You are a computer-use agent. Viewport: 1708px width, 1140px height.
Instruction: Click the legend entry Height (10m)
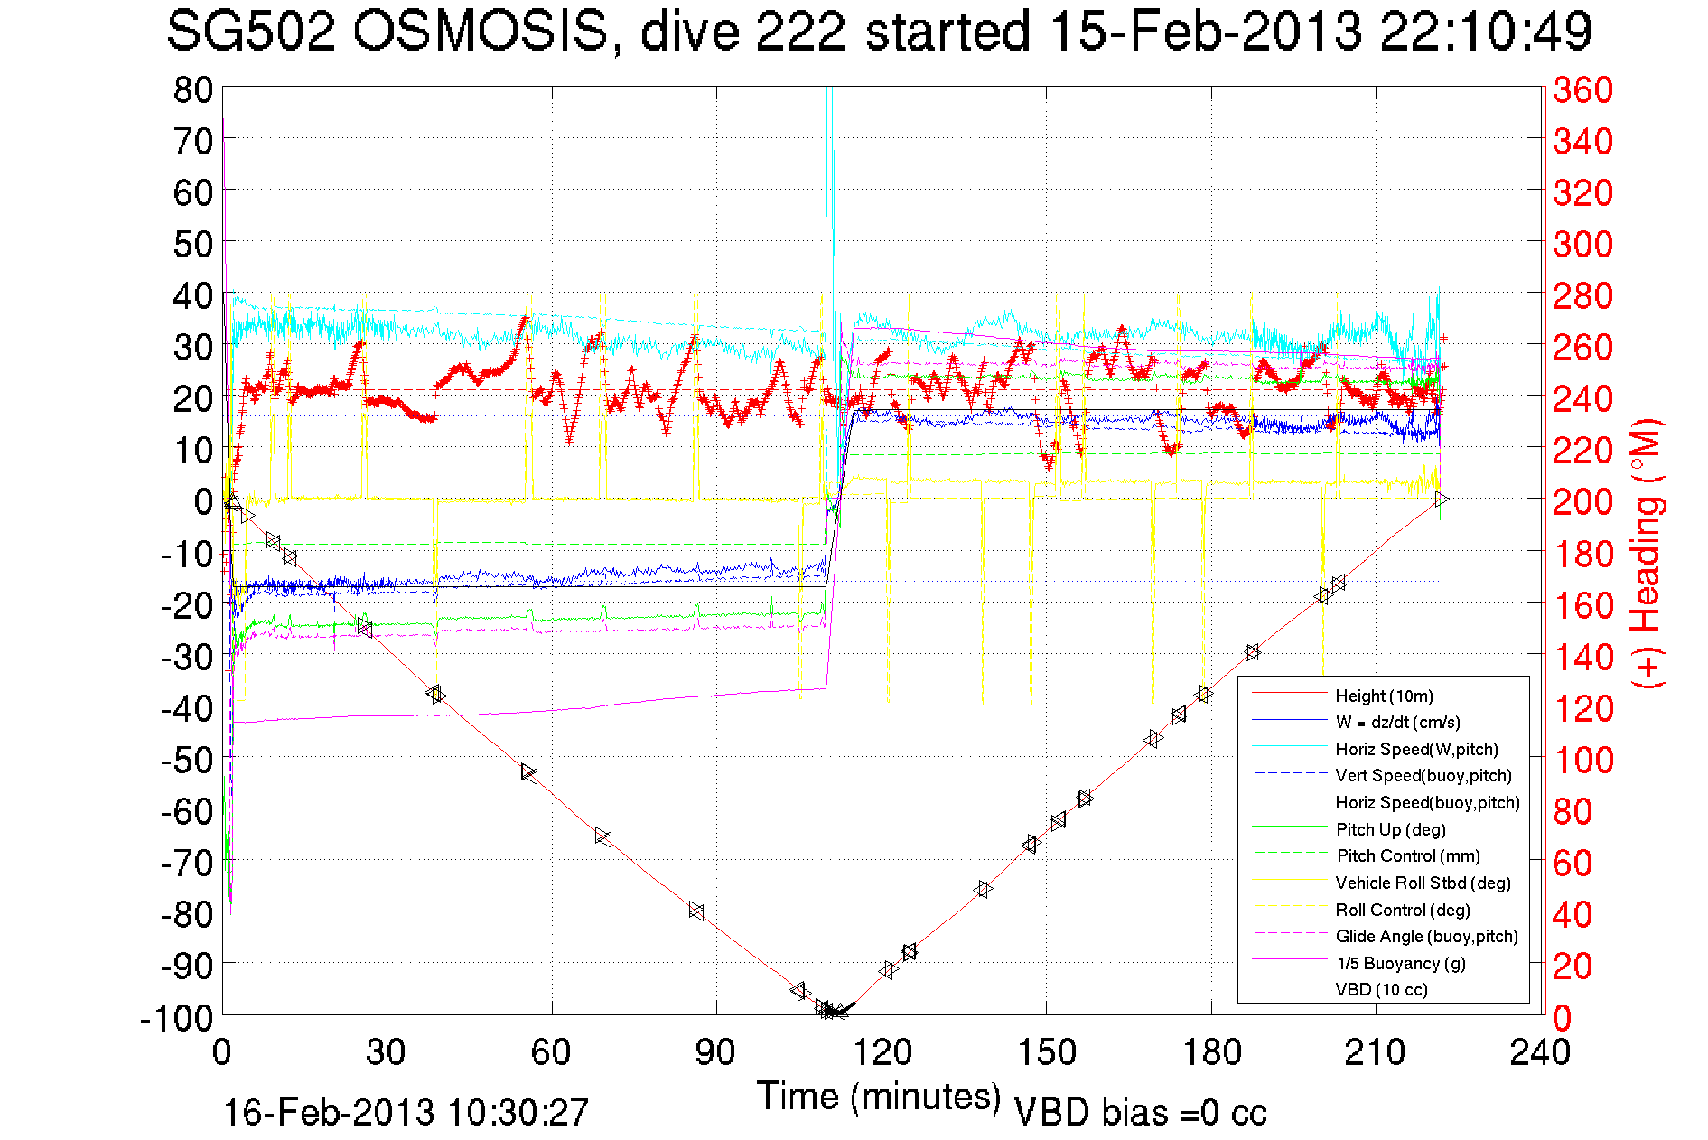pos(1384,696)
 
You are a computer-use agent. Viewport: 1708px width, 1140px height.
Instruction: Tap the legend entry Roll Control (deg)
pos(1402,910)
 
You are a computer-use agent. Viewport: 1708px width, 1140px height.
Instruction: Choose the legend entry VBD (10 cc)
pos(1381,989)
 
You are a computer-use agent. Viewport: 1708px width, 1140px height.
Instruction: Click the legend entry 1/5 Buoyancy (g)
pos(1400,963)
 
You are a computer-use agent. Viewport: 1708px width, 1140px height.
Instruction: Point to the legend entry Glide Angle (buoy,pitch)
pos(1426,936)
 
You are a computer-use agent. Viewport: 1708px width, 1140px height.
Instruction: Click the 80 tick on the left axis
pos(192,89)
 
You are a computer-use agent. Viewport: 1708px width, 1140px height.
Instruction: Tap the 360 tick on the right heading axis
pos(1582,89)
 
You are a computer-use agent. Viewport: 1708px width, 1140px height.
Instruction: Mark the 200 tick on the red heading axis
pos(1582,501)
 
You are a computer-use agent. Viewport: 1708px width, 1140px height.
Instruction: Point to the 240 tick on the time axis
pos(1540,1052)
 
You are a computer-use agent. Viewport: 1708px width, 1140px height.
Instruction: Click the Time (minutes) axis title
pos(878,1097)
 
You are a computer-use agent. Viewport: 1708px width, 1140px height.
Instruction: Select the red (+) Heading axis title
pos(1646,553)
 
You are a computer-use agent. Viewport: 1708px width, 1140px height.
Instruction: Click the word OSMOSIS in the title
pos(480,32)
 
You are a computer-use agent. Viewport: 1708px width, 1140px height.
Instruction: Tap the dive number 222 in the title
pos(800,32)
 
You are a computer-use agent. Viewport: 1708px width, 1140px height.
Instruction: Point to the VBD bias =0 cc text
pos(1140,1113)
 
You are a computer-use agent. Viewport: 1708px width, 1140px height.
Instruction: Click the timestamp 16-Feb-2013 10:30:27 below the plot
pos(406,1113)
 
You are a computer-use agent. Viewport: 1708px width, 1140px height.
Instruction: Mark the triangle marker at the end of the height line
pos(1442,499)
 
